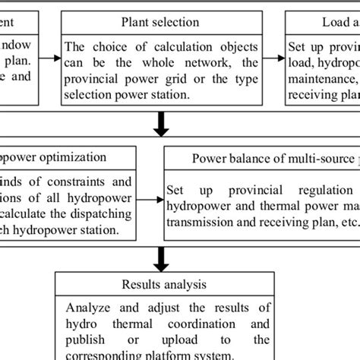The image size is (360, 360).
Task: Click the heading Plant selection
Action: pos(160,22)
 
